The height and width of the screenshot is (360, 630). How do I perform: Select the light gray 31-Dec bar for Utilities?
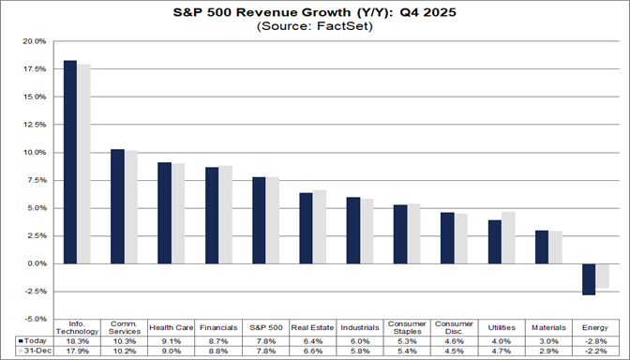coord(509,237)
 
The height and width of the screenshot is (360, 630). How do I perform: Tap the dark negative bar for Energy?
coord(588,279)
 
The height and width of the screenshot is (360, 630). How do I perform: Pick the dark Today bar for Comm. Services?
coord(118,205)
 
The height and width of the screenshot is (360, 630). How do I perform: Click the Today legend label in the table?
coord(34,340)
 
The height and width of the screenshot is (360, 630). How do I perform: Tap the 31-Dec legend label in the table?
coord(35,351)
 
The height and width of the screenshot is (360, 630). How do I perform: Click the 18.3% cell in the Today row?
coord(76,340)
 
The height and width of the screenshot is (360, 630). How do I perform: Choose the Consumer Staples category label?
coord(407,327)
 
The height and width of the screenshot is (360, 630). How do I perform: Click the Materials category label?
coord(548,327)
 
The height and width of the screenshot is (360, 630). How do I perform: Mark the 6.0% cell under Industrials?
coord(360,340)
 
